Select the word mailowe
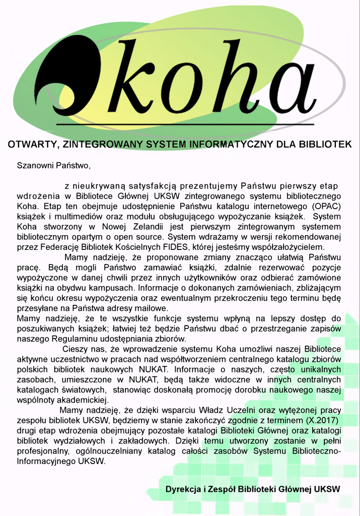coord(150,308)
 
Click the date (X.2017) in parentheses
coord(321,420)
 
